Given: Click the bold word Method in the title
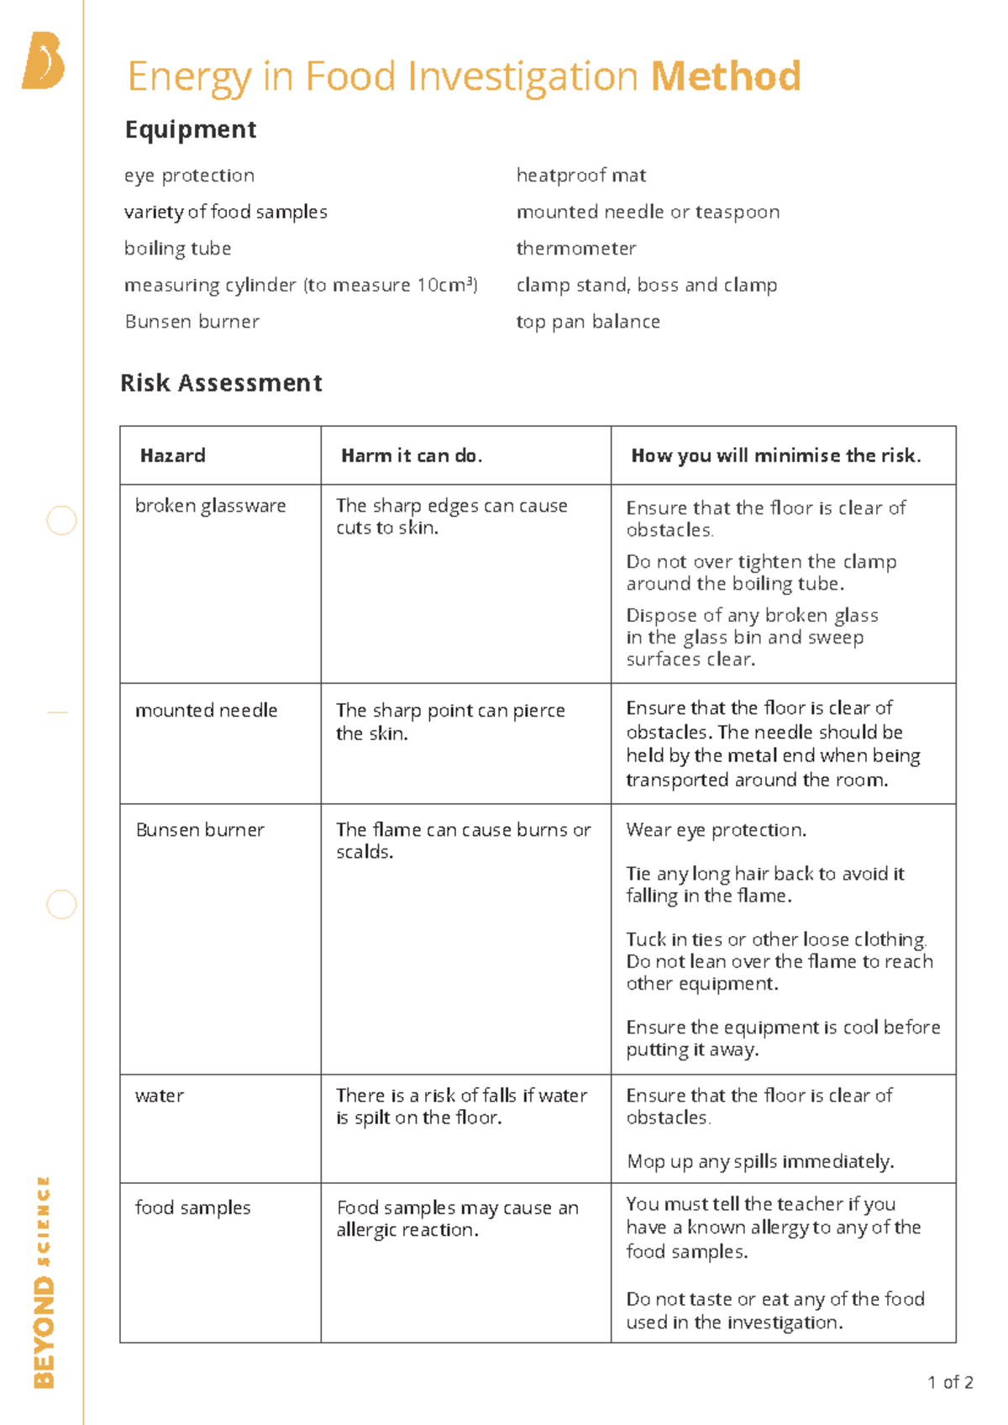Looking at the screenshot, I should point(726,76).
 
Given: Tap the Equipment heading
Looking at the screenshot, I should point(191,129).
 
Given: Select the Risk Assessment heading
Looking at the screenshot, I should point(221,383).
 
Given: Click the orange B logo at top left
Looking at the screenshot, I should point(44,60).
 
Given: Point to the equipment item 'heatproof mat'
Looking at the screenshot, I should point(580,176).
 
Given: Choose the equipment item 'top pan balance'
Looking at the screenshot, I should point(588,322).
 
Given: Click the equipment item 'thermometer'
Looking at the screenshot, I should point(575,249).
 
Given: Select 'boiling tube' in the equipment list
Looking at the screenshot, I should point(177,249).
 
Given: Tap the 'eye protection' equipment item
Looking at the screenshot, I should point(189,176).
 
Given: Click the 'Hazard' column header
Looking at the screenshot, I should point(172,455).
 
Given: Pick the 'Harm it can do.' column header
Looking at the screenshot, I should point(412,455).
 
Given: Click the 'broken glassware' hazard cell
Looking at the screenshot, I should point(210,506).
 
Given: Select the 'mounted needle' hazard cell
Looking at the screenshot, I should point(206,711).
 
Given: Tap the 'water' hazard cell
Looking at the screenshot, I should point(159,1096).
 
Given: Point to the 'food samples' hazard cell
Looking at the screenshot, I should point(192,1208).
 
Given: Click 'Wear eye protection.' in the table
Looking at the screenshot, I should point(716,830).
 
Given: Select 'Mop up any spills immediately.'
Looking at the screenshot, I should point(760,1162).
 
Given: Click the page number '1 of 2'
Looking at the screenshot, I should point(950,1383).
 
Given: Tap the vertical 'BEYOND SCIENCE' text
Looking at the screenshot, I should point(44,1281).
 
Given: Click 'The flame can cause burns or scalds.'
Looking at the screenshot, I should point(463,840).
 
